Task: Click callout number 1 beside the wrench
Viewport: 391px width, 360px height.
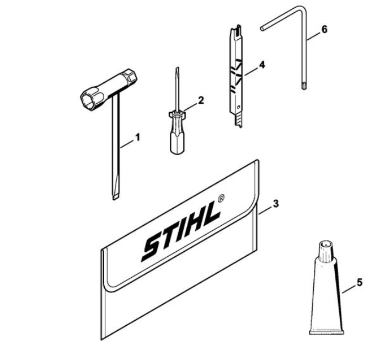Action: point(137,137)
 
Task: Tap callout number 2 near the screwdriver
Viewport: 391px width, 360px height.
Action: point(201,100)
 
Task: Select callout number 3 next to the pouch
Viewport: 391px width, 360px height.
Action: point(276,204)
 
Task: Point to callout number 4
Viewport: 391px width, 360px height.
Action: point(261,65)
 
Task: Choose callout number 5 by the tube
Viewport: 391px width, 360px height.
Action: point(360,283)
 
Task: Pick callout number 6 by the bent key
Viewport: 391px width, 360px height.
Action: point(324,29)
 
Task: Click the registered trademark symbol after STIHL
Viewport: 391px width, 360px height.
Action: point(221,192)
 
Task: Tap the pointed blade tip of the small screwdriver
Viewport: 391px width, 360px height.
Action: point(177,68)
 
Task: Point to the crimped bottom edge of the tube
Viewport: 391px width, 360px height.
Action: point(326,332)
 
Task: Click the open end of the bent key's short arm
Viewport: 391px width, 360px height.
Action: point(263,29)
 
